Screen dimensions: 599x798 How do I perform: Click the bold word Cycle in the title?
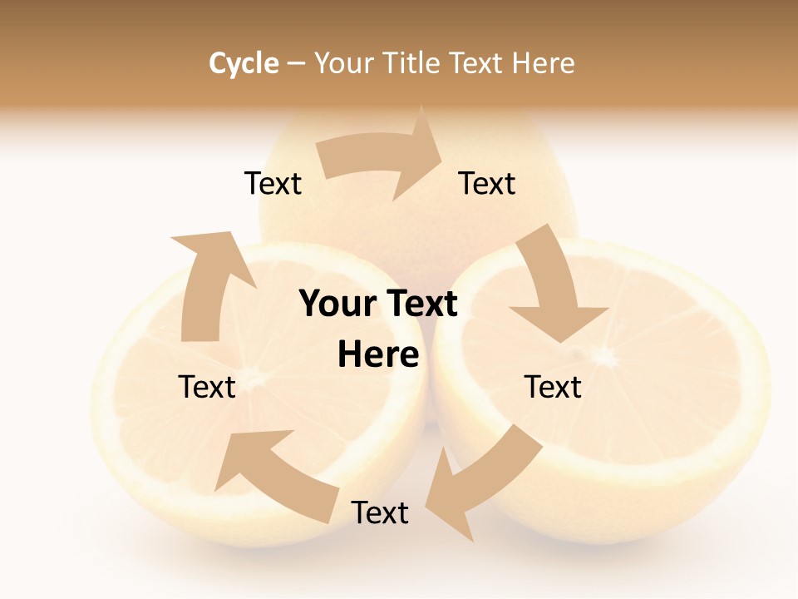pyautogui.click(x=244, y=63)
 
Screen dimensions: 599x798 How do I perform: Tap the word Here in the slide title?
pyautogui.click(x=543, y=63)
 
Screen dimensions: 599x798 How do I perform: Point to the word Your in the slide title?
pyautogui.click(x=342, y=63)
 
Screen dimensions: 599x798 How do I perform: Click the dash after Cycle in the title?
pyautogui.click(x=296, y=63)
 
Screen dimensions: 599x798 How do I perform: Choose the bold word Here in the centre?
pyautogui.click(x=378, y=354)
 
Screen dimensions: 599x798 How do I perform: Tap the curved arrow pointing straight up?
pyautogui.click(x=207, y=282)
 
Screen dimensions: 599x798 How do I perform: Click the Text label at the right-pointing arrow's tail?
pyautogui.click(x=273, y=183)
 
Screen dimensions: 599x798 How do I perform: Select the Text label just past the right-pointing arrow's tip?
pyautogui.click(x=487, y=183)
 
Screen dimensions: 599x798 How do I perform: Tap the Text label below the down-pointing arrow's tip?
pyautogui.click(x=553, y=387)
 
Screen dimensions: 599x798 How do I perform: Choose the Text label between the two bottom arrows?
pyautogui.click(x=380, y=512)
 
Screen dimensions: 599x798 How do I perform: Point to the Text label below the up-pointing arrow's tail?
pyautogui.click(x=207, y=387)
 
